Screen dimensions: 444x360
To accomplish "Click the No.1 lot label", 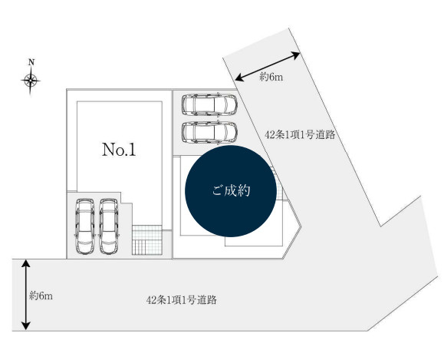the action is [x=119, y=150].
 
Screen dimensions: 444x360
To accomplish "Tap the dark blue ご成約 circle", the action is [x=231, y=191].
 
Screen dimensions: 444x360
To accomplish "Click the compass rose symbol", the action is [x=31, y=81].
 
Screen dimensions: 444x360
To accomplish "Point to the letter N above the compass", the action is [x=31, y=62].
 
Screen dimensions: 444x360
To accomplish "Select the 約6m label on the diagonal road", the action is [x=271, y=77].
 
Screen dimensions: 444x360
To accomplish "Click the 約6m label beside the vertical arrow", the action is [x=41, y=296].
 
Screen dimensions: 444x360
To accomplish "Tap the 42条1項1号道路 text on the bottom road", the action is [x=182, y=299].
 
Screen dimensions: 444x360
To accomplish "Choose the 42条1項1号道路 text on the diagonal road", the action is [x=300, y=134].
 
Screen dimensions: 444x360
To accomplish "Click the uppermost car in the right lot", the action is [x=209, y=104].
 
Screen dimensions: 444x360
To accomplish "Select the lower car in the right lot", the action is [x=209, y=132].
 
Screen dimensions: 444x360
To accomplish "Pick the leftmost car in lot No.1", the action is [x=85, y=226].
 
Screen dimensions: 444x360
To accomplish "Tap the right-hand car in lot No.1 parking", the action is [x=109, y=226].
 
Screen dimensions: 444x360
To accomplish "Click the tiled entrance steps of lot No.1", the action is [x=147, y=239].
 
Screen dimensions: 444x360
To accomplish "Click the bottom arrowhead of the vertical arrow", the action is [x=26, y=326].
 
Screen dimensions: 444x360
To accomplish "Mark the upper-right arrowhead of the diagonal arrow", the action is [x=295, y=55].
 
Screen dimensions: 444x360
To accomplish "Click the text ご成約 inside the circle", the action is [x=231, y=191].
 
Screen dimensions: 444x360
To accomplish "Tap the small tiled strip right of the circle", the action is [x=278, y=183].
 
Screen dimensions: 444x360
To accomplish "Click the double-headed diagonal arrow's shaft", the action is [x=268, y=67].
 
